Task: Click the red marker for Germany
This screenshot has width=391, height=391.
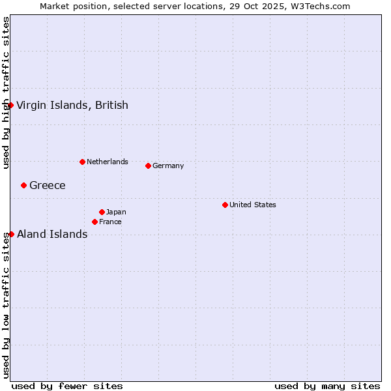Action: pos(148,166)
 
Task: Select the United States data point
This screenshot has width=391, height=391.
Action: pos(225,205)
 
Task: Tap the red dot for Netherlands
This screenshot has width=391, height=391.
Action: pos(82,162)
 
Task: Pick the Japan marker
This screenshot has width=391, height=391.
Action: pos(102,212)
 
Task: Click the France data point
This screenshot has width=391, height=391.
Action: pos(94,222)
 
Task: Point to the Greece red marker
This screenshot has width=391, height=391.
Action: pos(23,185)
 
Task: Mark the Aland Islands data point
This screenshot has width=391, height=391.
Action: pos(11,234)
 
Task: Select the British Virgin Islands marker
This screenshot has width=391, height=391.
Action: pos(10,105)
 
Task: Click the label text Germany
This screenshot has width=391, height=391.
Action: pos(168,166)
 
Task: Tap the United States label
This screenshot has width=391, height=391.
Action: pos(253,205)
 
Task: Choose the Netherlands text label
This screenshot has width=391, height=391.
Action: pos(108,162)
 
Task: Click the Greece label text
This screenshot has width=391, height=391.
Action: pos(48,185)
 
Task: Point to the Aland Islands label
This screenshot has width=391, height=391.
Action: pos(52,234)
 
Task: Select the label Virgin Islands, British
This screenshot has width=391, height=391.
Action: pos(72,105)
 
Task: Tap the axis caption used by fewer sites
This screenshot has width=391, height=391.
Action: pos(67,386)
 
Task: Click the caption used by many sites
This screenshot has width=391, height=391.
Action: pos(327,386)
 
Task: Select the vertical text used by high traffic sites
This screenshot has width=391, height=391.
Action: pos(6,93)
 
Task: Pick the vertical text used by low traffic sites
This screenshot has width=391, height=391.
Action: pos(6,305)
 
